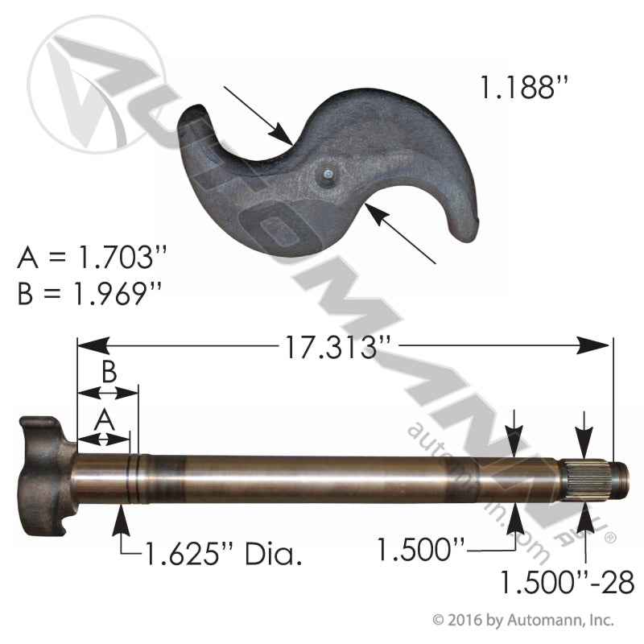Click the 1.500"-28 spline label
pyautogui.click(x=568, y=581)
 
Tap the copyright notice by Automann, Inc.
pyautogui.click(x=523, y=621)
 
